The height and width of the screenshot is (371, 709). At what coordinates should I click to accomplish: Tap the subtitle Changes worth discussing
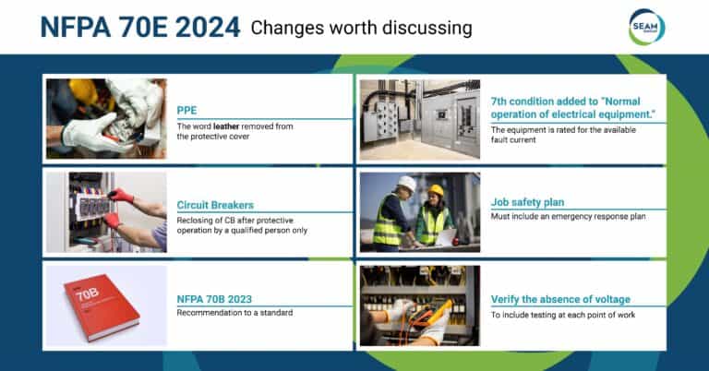(362, 29)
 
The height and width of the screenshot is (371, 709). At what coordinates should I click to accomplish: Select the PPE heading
(186, 110)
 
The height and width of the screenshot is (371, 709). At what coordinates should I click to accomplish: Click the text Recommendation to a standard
(234, 314)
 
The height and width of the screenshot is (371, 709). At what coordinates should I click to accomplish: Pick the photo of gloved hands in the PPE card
(106, 119)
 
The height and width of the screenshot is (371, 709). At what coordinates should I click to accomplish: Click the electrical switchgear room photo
(419, 119)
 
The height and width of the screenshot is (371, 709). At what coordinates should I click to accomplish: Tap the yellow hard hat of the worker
(436, 190)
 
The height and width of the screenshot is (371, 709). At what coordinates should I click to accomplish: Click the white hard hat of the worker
(406, 183)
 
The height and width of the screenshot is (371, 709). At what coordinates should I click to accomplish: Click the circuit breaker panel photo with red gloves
(106, 212)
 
